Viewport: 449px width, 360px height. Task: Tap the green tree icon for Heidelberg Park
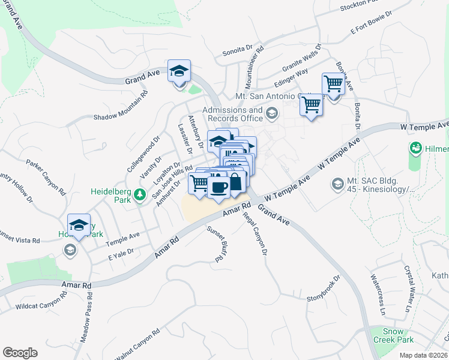pos(139,194)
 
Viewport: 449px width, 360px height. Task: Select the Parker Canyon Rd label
pos(46,177)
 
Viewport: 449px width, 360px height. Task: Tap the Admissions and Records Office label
pos(232,114)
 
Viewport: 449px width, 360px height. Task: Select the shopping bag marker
pos(235,181)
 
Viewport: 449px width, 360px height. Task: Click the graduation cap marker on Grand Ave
pos(179,71)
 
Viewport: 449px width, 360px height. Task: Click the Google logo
pos(20,353)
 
